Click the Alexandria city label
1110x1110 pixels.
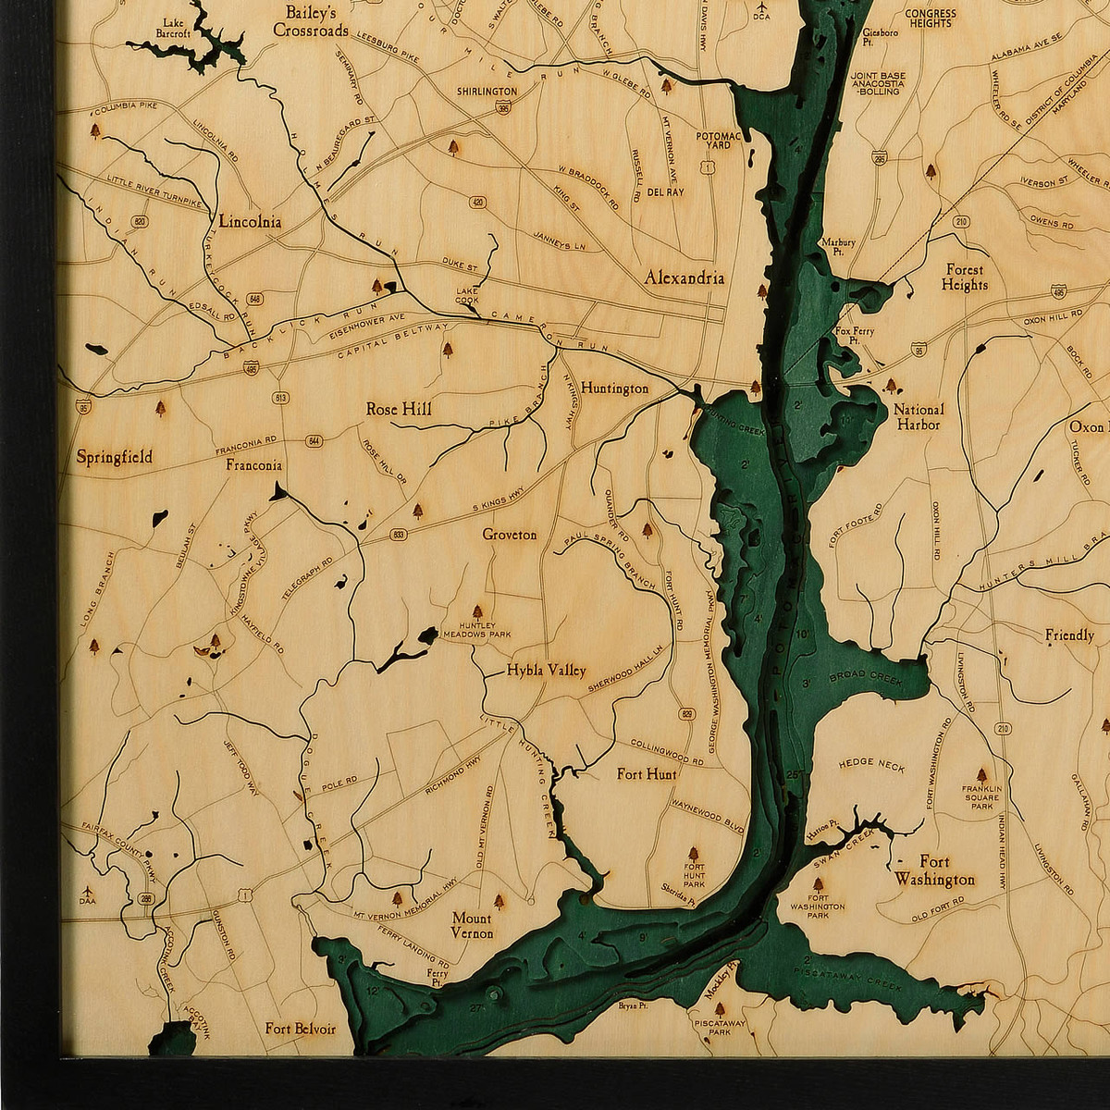tap(684, 277)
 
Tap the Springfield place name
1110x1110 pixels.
tap(115, 457)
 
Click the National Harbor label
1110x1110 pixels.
tap(919, 417)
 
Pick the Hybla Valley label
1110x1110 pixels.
tap(546, 672)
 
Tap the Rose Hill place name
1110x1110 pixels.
tap(399, 409)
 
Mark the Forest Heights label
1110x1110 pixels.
tap(965, 277)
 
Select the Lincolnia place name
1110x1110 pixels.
tap(251, 222)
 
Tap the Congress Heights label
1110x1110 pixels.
tap(929, 18)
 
